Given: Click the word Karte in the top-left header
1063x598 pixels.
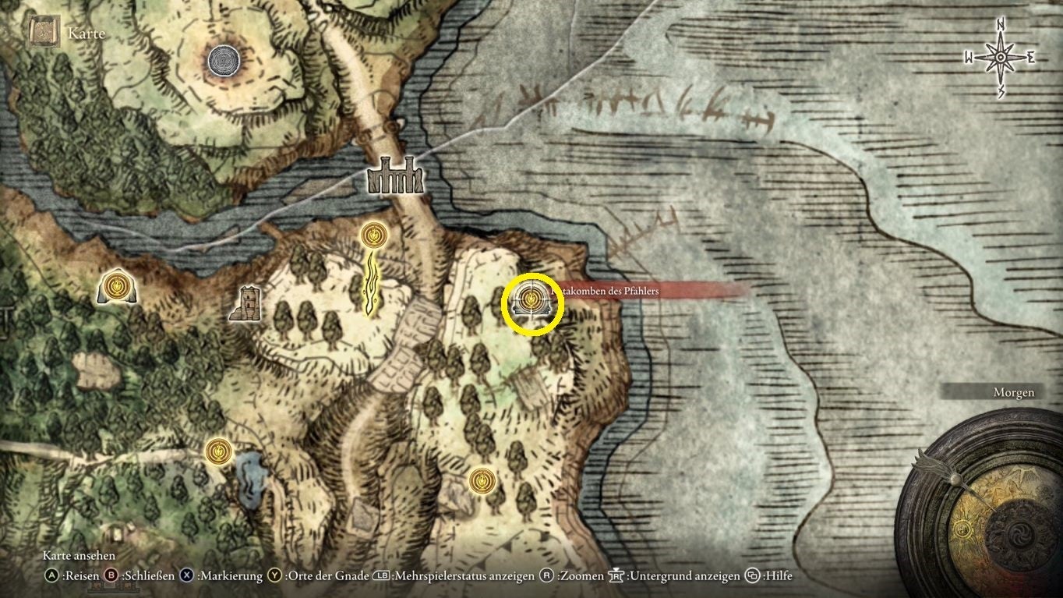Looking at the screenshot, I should (x=86, y=34).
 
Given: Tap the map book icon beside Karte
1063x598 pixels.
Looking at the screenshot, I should (x=41, y=33).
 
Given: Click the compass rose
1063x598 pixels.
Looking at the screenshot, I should (x=999, y=58).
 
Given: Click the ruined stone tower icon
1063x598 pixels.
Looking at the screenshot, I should (x=249, y=303).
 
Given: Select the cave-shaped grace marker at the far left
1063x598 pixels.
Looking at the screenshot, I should (x=117, y=286).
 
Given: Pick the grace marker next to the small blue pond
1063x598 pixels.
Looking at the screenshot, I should (x=217, y=451).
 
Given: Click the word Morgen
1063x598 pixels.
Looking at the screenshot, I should (x=1013, y=393).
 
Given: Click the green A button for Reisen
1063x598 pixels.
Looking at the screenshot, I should (x=51, y=576).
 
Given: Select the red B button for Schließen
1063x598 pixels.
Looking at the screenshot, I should (x=111, y=576).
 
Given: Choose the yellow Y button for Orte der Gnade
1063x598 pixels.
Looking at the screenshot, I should (x=274, y=576).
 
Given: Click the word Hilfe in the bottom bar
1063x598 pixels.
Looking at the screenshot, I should (x=779, y=576).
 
